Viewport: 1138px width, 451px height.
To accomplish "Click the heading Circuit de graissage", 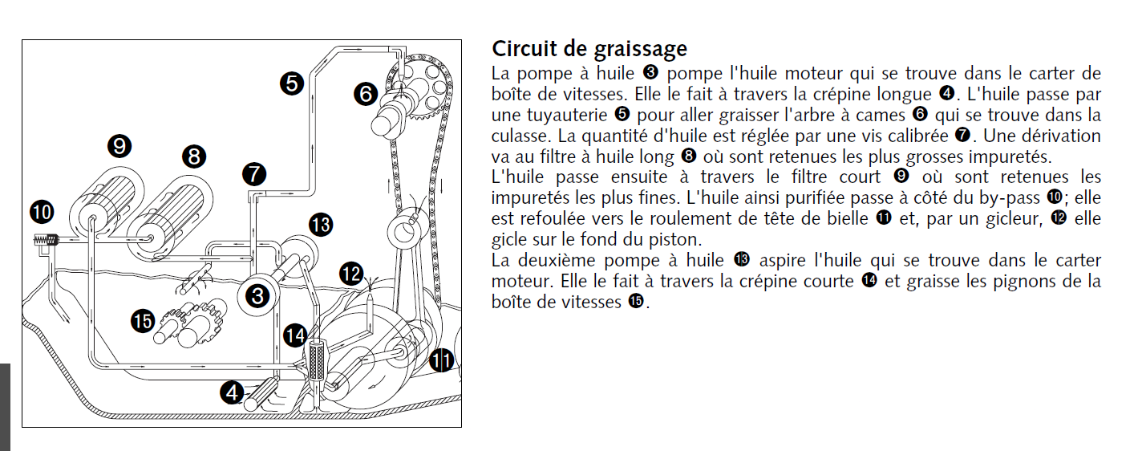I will click(589, 49).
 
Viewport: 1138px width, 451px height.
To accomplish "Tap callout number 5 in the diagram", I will click(292, 82).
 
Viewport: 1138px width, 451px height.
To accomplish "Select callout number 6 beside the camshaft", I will click(366, 95).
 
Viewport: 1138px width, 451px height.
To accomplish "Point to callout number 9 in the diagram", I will click(119, 145).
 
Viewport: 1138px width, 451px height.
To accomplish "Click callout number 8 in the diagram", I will click(194, 156).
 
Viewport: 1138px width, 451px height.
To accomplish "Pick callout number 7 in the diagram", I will click(254, 173).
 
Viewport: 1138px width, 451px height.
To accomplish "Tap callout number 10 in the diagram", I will click(42, 212).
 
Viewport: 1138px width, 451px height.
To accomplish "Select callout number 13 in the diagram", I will click(321, 225).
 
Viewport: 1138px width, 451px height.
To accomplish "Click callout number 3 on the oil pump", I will click(257, 296).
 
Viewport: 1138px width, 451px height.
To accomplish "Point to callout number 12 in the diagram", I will click(351, 274).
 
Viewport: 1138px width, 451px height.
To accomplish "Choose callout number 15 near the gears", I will click(143, 321).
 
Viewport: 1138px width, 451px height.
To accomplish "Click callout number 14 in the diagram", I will click(296, 334).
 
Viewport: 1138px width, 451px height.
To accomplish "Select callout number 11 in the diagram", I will click(441, 361).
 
